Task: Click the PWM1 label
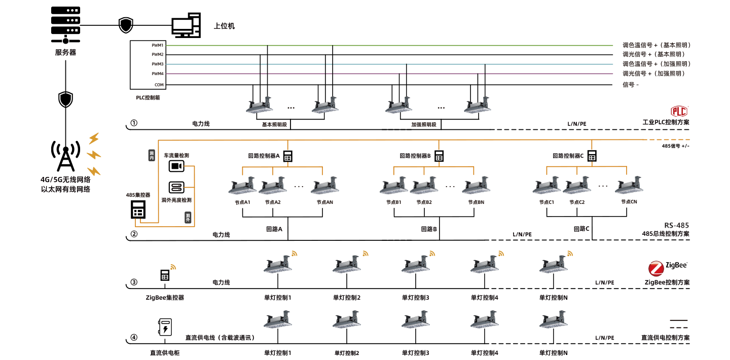(x=157, y=45)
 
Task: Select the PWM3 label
(x=157, y=64)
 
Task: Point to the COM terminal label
(x=159, y=85)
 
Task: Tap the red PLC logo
(x=679, y=111)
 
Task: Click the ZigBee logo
(x=668, y=267)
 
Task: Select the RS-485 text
(x=676, y=225)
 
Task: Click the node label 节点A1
(x=243, y=202)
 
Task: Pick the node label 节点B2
(x=424, y=202)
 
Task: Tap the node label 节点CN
(x=629, y=202)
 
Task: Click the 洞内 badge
(x=152, y=155)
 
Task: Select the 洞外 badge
(x=188, y=218)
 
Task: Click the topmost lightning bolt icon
(x=94, y=138)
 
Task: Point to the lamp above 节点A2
(x=273, y=186)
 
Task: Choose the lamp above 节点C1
(x=546, y=186)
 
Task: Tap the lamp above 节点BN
(x=476, y=186)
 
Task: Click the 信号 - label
(x=630, y=85)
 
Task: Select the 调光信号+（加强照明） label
(x=656, y=74)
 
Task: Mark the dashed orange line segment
(x=669, y=139)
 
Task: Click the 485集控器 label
(x=138, y=195)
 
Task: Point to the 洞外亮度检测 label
(x=176, y=200)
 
